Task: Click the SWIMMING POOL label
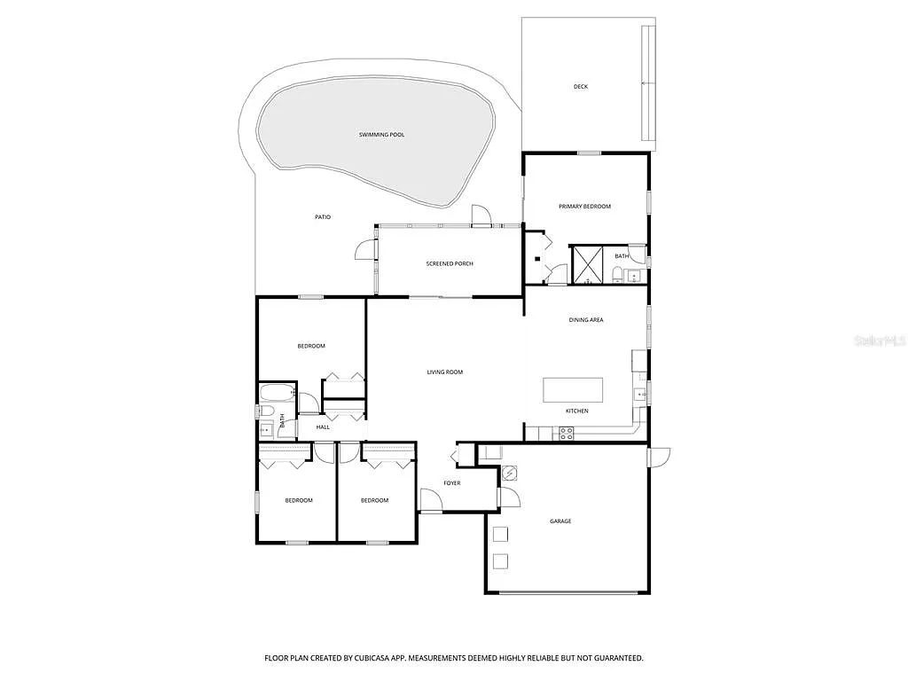tap(381, 135)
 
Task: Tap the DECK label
tap(581, 87)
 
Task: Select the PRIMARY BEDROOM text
tap(584, 207)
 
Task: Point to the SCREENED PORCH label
tap(450, 263)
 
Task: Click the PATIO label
tap(323, 217)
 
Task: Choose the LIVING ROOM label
tap(445, 372)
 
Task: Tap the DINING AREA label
tap(586, 320)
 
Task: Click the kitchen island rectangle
tap(573, 390)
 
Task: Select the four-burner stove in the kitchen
tap(566, 434)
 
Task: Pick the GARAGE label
tap(560, 521)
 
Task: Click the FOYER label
tap(452, 483)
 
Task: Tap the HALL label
tap(323, 427)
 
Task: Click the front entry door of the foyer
tap(432, 502)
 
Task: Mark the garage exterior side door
tap(659, 457)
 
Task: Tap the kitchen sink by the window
tap(638, 394)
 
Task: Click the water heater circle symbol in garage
tap(509, 474)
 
